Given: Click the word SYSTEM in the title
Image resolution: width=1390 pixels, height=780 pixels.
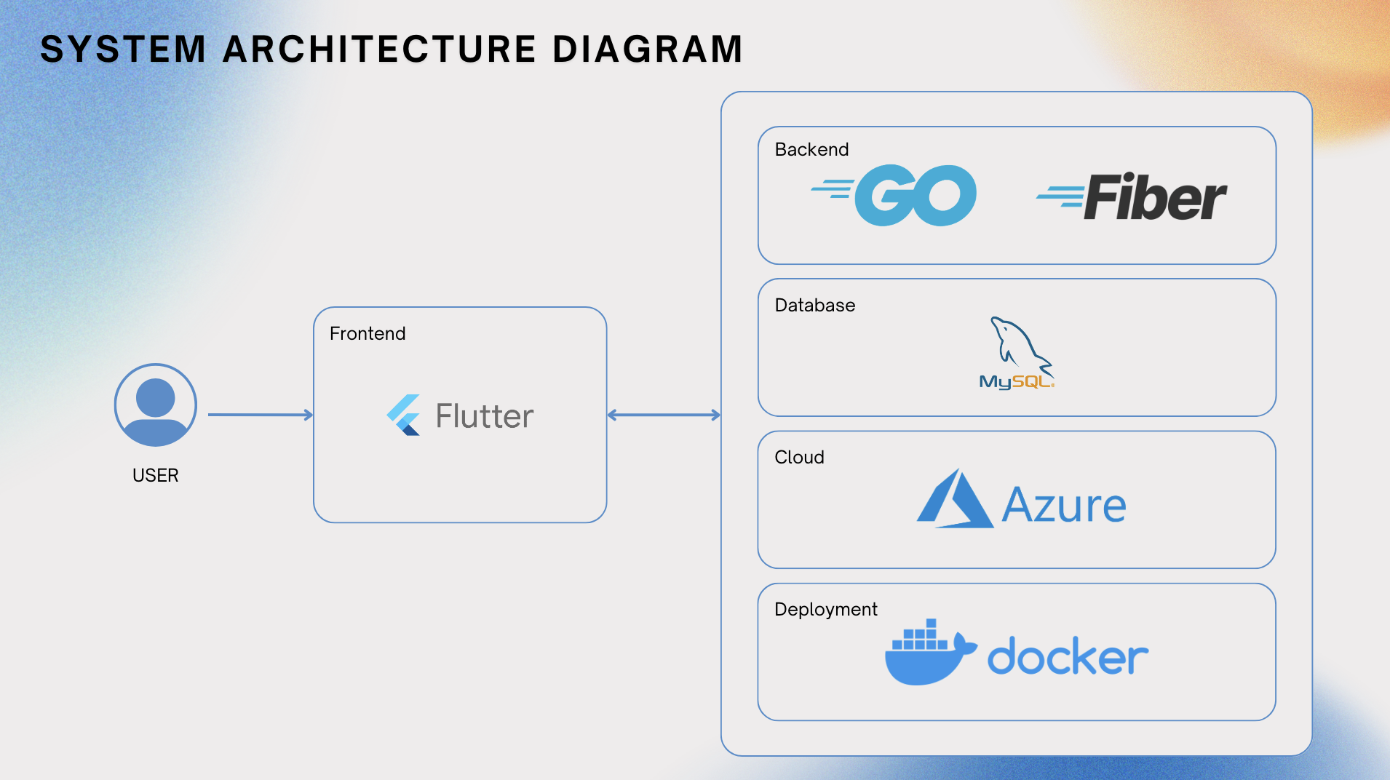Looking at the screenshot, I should [x=123, y=49].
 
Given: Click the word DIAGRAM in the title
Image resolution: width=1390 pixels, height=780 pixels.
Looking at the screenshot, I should [x=647, y=49].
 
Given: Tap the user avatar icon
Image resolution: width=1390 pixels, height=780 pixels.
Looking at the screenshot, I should [x=156, y=405].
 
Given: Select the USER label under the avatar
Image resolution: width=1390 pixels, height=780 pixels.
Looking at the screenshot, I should [x=156, y=475].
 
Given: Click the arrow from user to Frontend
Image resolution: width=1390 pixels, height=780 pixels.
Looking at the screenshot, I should [x=260, y=415].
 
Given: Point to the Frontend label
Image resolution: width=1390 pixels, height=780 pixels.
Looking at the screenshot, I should [x=368, y=333].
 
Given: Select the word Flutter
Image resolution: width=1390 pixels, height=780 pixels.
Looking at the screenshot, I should [x=485, y=416].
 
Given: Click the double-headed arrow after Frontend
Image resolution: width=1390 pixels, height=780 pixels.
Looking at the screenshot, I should [x=664, y=415].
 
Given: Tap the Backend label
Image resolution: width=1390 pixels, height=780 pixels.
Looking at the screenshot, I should [x=811, y=149].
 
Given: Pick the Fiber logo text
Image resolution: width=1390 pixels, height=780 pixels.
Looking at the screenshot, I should [x=1153, y=197].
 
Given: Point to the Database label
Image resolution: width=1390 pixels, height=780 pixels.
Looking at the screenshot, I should [x=815, y=305].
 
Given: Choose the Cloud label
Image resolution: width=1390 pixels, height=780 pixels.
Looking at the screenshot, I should [x=799, y=457].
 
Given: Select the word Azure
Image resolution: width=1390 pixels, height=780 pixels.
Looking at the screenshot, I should [x=1064, y=505].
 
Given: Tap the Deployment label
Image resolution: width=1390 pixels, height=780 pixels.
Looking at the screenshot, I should [x=826, y=609].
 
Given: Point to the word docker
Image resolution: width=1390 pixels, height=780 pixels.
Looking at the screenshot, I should [x=1068, y=657].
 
